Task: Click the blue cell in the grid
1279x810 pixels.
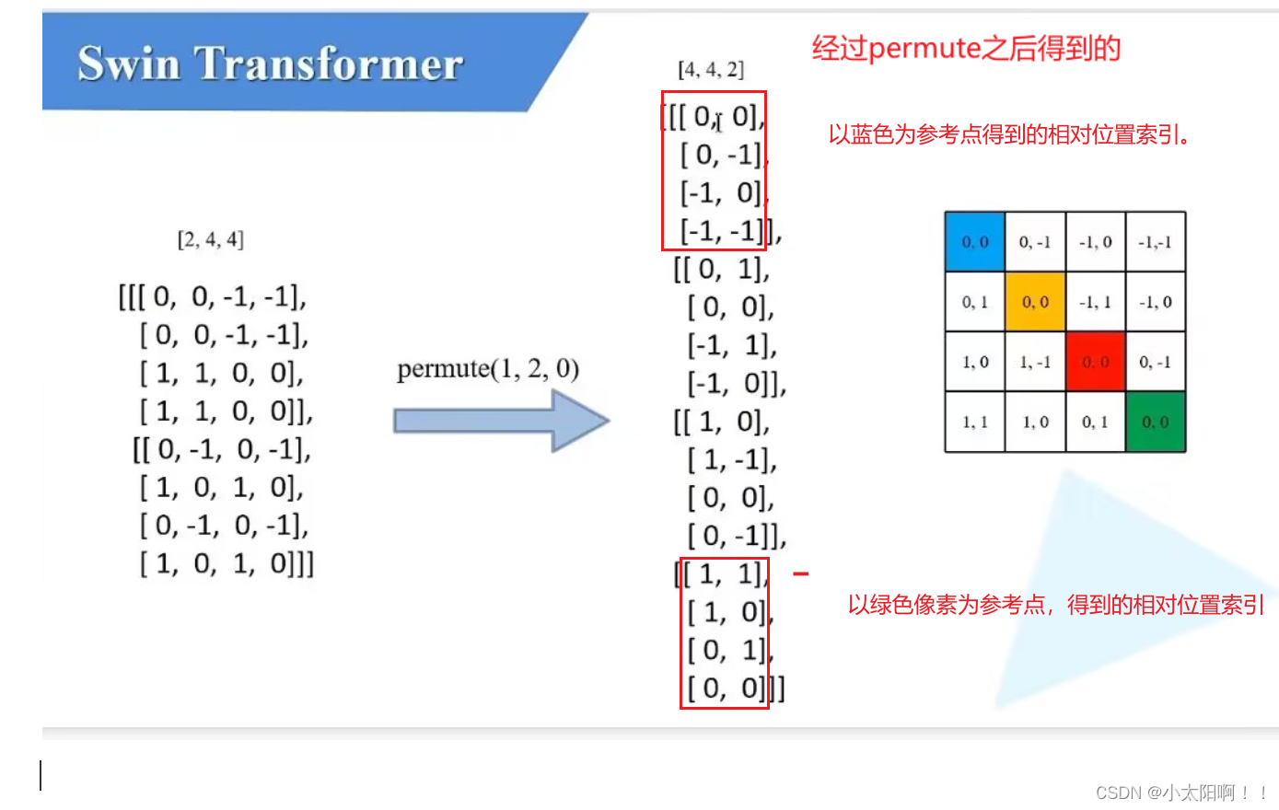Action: [975, 242]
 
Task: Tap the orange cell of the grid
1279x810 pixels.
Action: [1035, 302]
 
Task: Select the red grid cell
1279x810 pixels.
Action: [1095, 362]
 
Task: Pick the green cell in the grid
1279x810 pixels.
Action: [1155, 422]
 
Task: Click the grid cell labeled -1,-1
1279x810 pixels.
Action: [1155, 242]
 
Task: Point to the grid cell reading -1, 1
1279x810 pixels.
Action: [1095, 302]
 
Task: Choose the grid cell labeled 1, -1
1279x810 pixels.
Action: [1035, 362]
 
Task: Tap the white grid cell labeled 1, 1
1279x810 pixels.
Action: [975, 422]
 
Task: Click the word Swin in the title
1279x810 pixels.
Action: [129, 64]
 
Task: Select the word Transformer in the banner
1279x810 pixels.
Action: [330, 64]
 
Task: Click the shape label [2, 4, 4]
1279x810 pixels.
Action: [210, 240]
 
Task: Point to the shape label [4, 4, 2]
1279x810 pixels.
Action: [711, 70]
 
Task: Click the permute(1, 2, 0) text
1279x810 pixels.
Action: [488, 369]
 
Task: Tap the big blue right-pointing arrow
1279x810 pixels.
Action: [501, 421]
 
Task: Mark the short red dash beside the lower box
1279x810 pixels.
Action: [800, 573]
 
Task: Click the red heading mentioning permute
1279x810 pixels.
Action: [966, 48]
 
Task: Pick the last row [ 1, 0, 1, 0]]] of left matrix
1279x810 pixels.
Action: [227, 563]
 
